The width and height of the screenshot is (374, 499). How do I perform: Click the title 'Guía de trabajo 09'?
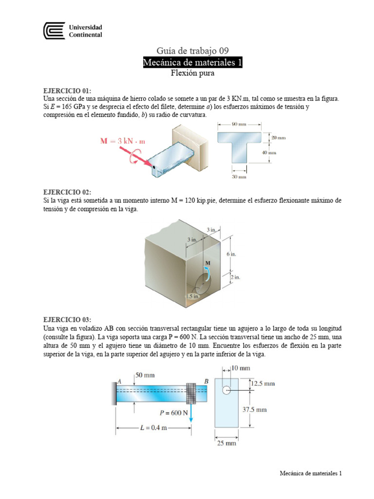[x=192, y=51]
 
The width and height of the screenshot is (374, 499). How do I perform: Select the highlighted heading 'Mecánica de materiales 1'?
[x=192, y=62]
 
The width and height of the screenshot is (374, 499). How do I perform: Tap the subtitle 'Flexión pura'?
[x=192, y=74]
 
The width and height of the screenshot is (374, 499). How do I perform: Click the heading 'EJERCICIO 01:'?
[x=67, y=91]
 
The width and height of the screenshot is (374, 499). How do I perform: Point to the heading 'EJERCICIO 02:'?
[x=67, y=193]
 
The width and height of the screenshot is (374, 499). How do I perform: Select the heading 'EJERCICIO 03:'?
[x=67, y=320]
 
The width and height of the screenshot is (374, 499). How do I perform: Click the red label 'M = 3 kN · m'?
[x=123, y=141]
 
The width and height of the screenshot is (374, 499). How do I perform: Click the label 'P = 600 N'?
[x=173, y=413]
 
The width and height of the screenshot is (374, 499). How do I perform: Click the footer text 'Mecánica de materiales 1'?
[x=311, y=473]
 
